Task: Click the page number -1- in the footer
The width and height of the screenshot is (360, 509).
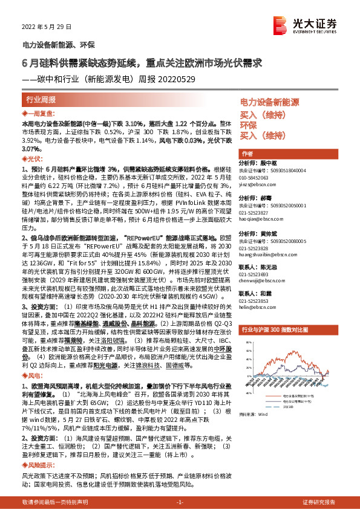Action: point(180,502)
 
